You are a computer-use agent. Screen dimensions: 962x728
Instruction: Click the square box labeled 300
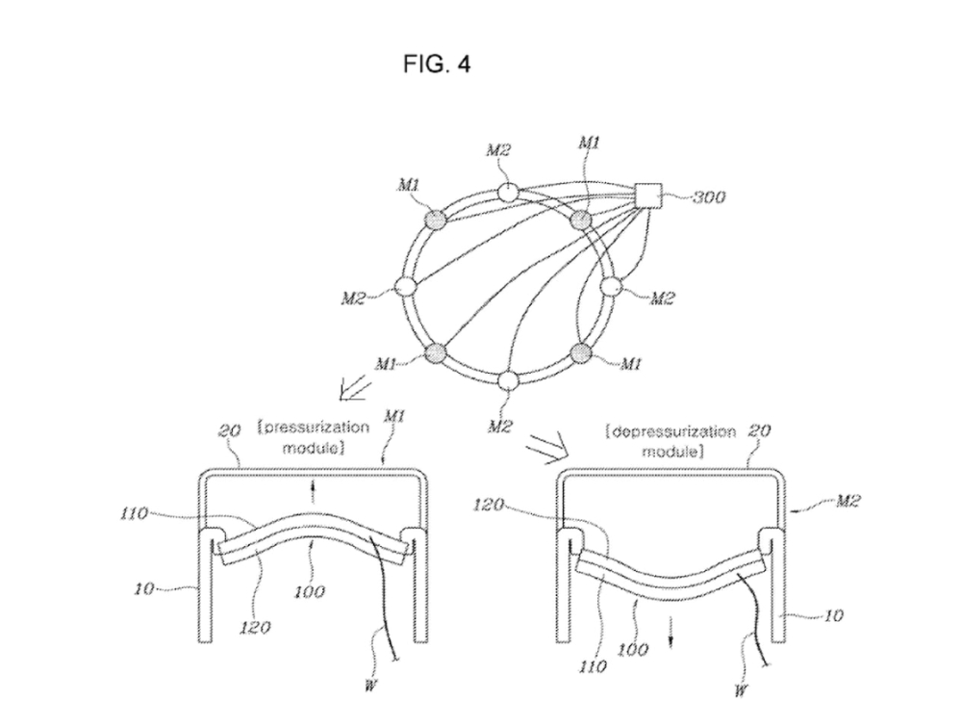click(x=649, y=196)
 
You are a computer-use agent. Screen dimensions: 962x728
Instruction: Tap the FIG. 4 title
click(x=436, y=64)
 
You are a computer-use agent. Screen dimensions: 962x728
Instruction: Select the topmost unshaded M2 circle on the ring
click(x=507, y=193)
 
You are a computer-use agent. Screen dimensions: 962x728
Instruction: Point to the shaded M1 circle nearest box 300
click(x=581, y=220)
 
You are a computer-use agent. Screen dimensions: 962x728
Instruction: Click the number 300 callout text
click(x=709, y=197)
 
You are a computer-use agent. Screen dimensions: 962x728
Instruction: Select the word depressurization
click(x=671, y=431)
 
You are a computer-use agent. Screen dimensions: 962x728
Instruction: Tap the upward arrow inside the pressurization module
click(x=314, y=493)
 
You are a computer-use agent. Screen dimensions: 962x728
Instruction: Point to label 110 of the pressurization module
click(x=134, y=513)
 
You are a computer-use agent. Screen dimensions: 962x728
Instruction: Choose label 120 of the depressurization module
click(x=489, y=505)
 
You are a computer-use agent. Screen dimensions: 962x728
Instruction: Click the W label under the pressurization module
click(x=369, y=686)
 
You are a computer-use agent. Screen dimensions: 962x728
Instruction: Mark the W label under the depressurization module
click(x=741, y=690)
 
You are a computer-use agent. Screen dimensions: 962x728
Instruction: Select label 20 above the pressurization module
click(x=229, y=431)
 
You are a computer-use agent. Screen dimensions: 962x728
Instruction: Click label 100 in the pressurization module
click(x=310, y=592)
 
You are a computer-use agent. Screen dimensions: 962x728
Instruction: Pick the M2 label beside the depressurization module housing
click(x=848, y=502)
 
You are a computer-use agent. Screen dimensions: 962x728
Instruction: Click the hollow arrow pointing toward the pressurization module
click(x=355, y=389)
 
